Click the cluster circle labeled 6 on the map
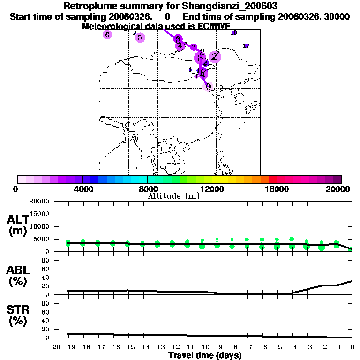(107, 35)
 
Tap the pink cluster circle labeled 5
(140, 37)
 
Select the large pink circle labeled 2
(215, 57)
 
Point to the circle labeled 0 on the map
(208, 86)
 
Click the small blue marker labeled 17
(246, 45)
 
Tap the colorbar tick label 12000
(212, 189)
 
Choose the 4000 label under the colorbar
(82, 189)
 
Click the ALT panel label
(17, 225)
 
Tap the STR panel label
(17, 315)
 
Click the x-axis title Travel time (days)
(204, 355)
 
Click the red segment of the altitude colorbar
(272, 179)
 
